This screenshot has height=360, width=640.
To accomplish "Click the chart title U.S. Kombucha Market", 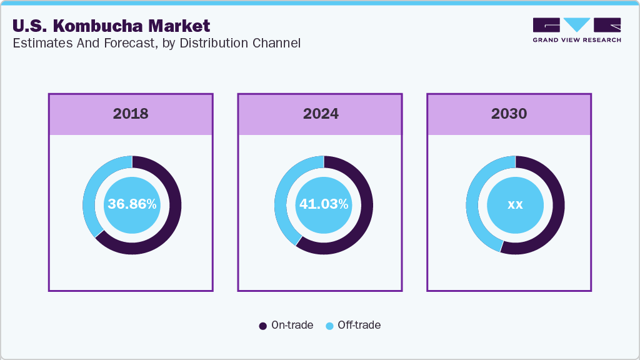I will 111,26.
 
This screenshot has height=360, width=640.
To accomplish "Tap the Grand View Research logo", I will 577,30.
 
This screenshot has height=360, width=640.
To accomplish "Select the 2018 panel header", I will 131,114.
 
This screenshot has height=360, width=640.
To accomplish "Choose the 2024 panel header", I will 321,114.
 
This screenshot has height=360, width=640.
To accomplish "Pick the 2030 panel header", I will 509,114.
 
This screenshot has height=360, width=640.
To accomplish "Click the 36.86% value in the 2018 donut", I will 132,204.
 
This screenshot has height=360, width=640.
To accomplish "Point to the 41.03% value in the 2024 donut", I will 324,204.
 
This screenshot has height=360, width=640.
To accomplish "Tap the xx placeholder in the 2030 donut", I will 515,204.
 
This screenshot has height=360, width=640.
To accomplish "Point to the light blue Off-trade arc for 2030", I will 473,200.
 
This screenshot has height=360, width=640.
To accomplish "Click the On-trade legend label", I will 292,325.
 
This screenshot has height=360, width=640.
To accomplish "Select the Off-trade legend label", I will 359,325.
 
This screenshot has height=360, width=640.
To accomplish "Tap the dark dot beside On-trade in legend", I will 263,326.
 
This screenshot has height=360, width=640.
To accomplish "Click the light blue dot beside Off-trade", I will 329,326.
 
